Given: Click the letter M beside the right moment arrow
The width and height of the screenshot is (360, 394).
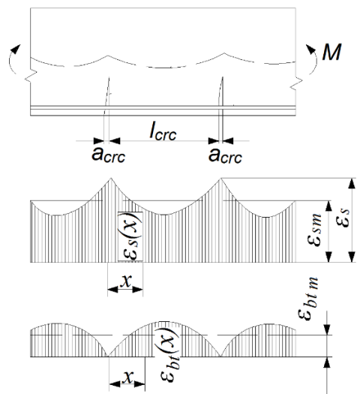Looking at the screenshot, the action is (331, 52).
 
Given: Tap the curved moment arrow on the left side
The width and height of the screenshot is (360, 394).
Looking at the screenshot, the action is (10, 60).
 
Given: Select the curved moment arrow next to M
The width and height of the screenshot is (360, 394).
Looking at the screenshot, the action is (314, 59).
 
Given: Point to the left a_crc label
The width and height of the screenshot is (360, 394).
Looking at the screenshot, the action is (108, 155).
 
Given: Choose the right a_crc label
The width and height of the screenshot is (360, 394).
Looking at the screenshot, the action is (225, 156).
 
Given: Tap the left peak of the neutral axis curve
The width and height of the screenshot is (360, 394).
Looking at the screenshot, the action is (108, 56).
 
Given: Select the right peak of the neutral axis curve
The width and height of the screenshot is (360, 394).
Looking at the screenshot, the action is (224, 53).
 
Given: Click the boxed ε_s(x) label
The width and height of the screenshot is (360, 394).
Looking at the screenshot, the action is (130, 236).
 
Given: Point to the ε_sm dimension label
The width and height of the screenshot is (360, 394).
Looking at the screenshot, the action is (314, 230).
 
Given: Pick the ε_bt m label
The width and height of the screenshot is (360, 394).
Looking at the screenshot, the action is (308, 298).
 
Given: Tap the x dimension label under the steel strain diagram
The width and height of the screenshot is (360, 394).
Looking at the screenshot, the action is (126, 281).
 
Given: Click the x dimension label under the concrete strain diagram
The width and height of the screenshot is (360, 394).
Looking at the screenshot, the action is (128, 377).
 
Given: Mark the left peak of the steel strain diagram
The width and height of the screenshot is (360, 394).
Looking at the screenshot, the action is (111, 178).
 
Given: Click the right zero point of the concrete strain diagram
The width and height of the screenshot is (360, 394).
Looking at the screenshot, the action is (220, 356).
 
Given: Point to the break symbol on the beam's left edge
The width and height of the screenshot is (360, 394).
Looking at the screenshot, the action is (31, 76).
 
